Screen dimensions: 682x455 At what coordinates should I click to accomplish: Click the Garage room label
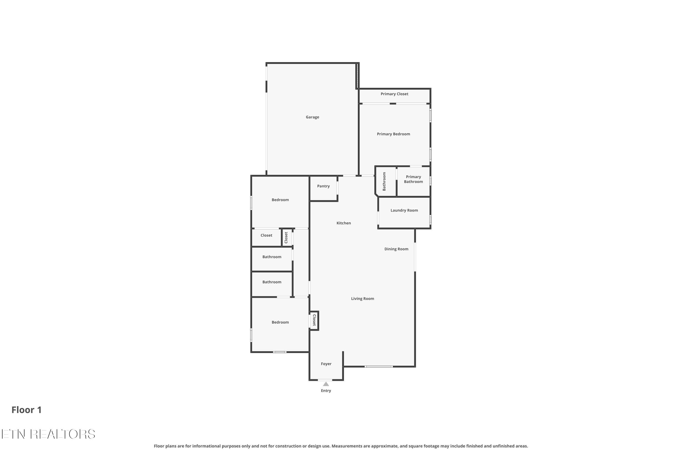312,117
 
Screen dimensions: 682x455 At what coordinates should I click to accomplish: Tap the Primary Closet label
394,94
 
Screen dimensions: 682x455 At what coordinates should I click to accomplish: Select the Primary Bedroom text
394,134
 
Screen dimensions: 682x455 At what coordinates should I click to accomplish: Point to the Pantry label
323,186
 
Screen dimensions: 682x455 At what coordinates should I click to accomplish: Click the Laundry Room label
404,210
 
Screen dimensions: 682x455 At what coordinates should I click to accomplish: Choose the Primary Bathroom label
414,179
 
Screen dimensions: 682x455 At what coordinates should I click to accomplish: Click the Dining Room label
396,249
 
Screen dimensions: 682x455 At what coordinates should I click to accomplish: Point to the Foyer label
326,364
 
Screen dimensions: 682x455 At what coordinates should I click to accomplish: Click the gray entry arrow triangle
326,384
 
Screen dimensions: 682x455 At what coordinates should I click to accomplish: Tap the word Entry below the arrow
326,391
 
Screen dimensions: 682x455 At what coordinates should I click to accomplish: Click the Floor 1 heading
27,410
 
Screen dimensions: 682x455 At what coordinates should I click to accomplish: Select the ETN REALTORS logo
48,434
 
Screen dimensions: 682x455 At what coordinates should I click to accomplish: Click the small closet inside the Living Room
314,321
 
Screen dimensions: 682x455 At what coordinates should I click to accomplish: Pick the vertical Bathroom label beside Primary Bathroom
384,181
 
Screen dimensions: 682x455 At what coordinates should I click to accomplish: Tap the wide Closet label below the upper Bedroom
266,235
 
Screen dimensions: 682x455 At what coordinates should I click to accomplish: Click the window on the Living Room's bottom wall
379,367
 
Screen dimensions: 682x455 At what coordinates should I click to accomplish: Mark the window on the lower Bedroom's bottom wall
280,352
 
